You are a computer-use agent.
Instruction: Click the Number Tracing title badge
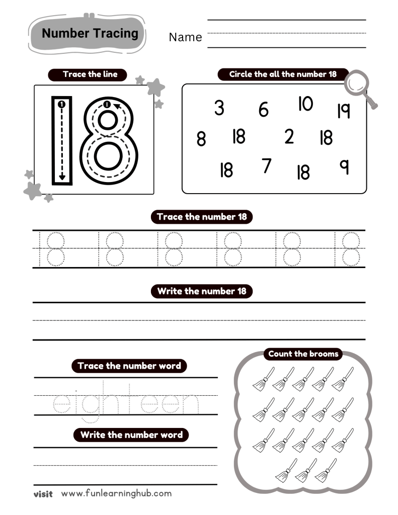click(90, 34)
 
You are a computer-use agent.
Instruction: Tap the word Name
click(185, 37)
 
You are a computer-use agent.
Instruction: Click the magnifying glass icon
click(361, 88)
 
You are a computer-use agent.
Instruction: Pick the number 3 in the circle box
click(219, 108)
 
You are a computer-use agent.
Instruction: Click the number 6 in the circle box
click(264, 110)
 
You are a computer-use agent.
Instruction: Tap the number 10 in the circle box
click(305, 104)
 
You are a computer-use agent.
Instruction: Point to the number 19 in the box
click(344, 110)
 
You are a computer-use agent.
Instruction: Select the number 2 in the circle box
click(289, 136)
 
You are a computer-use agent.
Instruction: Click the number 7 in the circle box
click(267, 165)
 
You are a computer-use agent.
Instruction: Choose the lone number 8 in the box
click(201, 139)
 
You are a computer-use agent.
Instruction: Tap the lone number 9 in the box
click(345, 166)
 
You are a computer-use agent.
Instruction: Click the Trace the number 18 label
click(202, 217)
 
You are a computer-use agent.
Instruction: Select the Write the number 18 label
click(202, 291)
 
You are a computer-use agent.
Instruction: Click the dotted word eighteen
click(126, 402)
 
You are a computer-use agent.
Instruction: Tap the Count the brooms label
click(303, 354)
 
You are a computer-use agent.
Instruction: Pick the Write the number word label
click(131, 435)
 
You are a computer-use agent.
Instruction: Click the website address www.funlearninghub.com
click(116, 493)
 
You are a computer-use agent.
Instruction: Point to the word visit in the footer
click(43, 494)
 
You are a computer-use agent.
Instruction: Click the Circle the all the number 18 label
click(282, 74)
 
